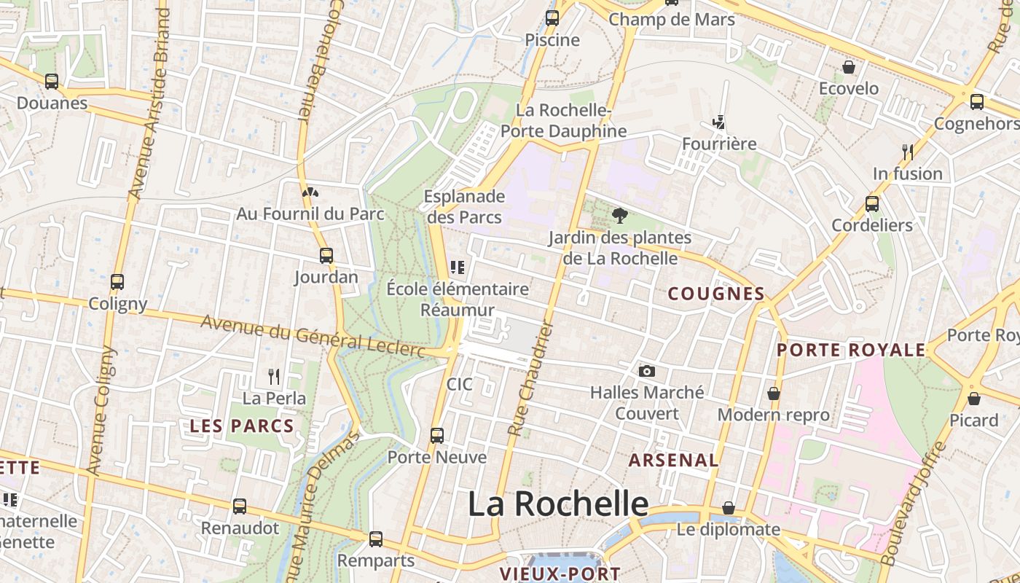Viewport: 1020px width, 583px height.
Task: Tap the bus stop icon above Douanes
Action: pyautogui.click(x=52, y=82)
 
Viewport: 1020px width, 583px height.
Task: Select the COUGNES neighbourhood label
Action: pyautogui.click(x=716, y=294)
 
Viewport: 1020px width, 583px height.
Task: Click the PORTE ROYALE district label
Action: pyautogui.click(x=851, y=351)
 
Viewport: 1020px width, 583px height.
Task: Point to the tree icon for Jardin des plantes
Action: pyautogui.click(x=620, y=216)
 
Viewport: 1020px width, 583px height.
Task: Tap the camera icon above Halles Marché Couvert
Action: pyautogui.click(x=646, y=372)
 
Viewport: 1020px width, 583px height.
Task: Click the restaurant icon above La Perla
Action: pyautogui.click(x=274, y=377)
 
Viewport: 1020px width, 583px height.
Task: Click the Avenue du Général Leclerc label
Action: pyautogui.click(x=313, y=337)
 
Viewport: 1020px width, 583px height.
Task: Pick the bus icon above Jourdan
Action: pyautogui.click(x=326, y=256)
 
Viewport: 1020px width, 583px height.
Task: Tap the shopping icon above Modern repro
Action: pyautogui.click(x=774, y=394)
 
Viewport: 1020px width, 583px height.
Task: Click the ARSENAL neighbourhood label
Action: pyautogui.click(x=673, y=461)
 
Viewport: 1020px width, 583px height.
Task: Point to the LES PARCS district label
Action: pyautogui.click(x=242, y=427)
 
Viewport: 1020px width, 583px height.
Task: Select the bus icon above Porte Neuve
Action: pyautogui.click(x=437, y=436)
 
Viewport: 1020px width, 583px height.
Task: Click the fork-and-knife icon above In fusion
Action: pyautogui.click(x=908, y=152)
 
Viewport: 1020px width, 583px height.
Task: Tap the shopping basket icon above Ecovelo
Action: pyautogui.click(x=849, y=68)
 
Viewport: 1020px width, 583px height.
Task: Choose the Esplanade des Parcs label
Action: pyautogui.click(x=465, y=207)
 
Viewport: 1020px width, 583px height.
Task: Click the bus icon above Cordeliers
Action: pyautogui.click(x=872, y=204)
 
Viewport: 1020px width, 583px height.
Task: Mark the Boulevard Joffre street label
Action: pyautogui.click(x=910, y=504)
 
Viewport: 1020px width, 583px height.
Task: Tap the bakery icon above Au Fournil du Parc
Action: pyautogui.click(x=310, y=192)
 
